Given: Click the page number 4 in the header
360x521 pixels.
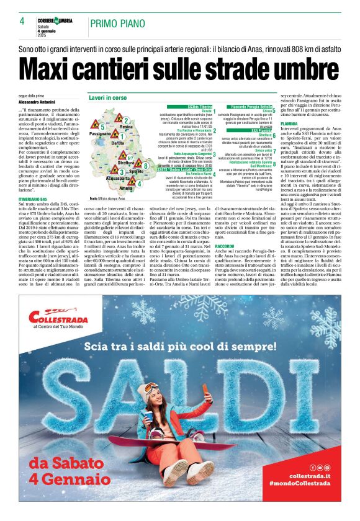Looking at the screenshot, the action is point(22,21).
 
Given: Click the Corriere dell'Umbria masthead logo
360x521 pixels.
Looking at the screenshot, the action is point(56,20).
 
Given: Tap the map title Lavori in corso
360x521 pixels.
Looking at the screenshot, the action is point(107,98).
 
